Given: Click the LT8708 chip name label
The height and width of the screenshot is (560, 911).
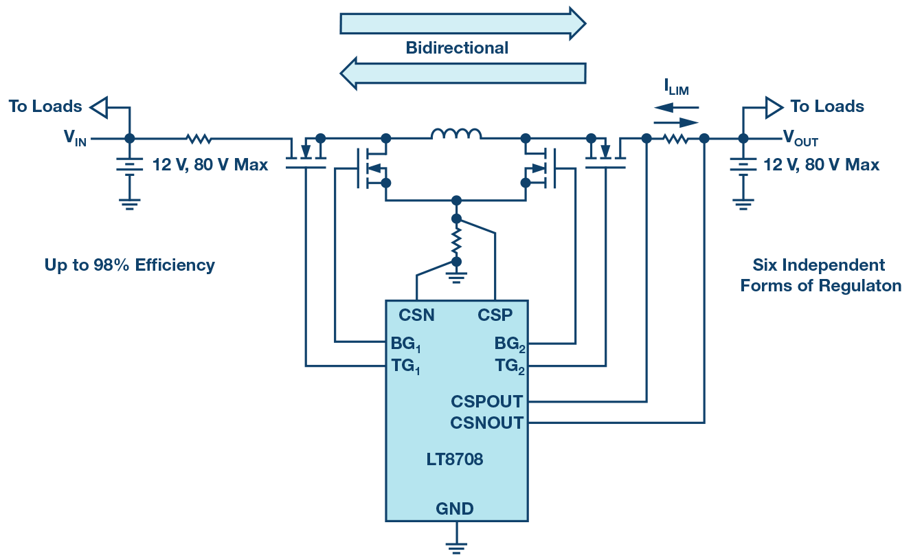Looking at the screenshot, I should coord(454,460).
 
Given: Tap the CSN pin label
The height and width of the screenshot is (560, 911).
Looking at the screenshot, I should coord(416,315).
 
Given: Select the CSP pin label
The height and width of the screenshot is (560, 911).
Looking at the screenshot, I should coord(495,315).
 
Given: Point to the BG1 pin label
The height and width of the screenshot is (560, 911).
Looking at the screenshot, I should coord(405,344).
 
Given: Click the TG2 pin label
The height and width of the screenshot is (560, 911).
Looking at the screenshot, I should coord(510,367).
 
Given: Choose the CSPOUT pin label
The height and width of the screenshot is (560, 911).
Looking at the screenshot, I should coord(486,401).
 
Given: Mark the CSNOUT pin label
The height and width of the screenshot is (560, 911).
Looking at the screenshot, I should coord(486,423).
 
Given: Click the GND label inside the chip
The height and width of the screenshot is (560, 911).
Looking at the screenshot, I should coord(454,509).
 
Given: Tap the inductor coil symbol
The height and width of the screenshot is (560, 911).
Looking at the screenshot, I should coord(456,135).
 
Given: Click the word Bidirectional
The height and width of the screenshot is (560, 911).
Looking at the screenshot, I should coord(457,48).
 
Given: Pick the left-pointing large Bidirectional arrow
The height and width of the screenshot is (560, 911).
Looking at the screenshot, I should coord(462,72).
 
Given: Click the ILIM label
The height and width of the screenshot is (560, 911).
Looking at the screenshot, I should coord(676,87).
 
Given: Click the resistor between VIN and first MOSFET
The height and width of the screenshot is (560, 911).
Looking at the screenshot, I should coord(199,139).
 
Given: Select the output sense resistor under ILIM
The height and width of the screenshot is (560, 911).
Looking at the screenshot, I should coord(675,139).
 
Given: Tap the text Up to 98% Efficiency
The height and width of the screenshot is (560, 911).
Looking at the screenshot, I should coord(130,265).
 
